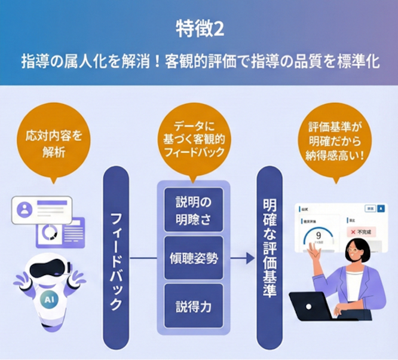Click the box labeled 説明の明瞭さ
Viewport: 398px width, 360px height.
click(193, 209)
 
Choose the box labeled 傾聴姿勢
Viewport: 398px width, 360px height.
click(193, 259)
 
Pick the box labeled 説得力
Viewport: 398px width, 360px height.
click(193, 308)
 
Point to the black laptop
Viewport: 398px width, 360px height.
click(312, 307)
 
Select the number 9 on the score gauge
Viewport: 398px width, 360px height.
click(319, 234)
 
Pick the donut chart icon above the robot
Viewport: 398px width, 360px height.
click(49, 233)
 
